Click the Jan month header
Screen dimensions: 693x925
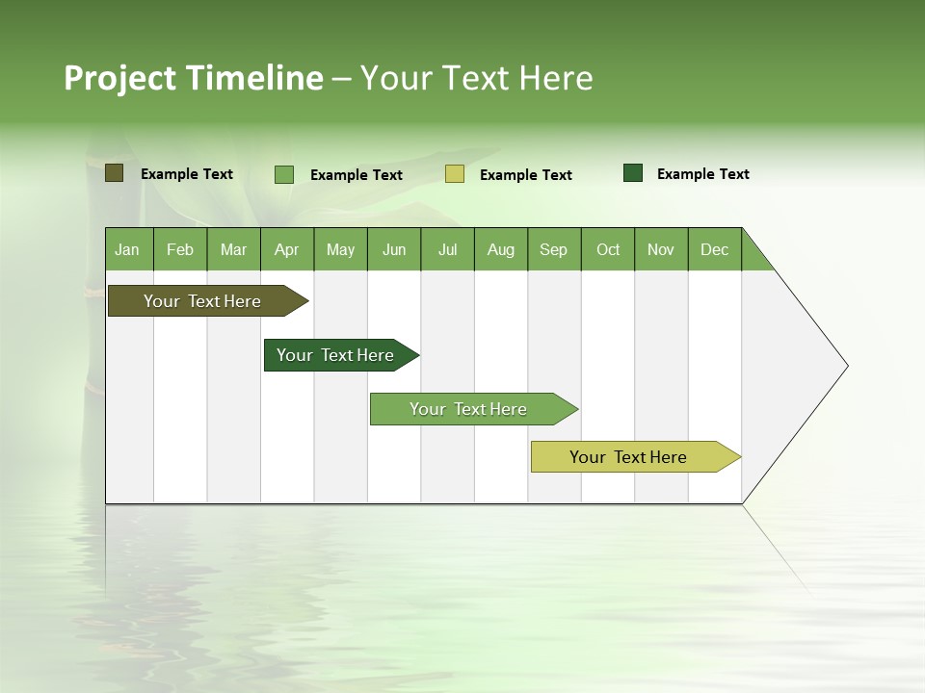click(x=128, y=249)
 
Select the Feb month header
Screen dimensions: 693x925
click(x=180, y=249)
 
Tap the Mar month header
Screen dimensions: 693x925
click(x=233, y=249)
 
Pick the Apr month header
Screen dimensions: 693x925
click(x=286, y=249)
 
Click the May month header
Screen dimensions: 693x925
click(x=340, y=249)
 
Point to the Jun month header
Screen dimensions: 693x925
click(x=394, y=249)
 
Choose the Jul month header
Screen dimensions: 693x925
click(x=447, y=249)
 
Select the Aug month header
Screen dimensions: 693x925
click(x=501, y=249)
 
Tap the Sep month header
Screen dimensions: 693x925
click(x=554, y=249)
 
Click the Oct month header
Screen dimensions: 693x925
click(x=608, y=249)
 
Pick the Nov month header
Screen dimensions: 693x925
click(x=661, y=249)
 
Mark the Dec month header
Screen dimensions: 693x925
click(x=715, y=249)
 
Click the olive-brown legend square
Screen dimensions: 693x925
click(x=115, y=173)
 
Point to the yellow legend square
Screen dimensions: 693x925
click(x=455, y=174)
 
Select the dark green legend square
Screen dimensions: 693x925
click(x=633, y=173)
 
